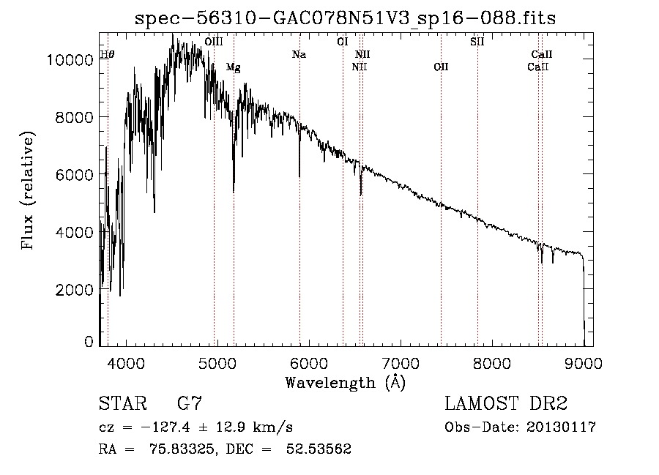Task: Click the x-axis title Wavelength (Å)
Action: click(x=345, y=382)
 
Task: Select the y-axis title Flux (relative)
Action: click(x=29, y=192)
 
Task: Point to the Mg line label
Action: click(x=233, y=67)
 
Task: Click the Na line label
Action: click(x=299, y=55)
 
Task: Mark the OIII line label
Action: click(x=214, y=42)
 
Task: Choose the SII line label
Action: click(x=477, y=42)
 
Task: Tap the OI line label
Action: click(x=342, y=42)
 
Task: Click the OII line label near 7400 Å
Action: click(x=441, y=67)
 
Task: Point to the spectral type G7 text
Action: click(x=189, y=404)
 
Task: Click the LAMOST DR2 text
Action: click(x=506, y=404)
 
